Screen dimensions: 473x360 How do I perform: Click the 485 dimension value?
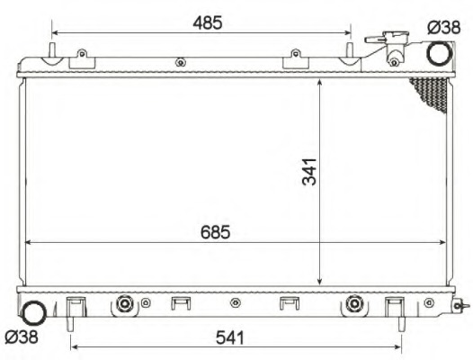coord(208,23)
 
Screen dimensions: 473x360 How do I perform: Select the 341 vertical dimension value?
coord(309,172)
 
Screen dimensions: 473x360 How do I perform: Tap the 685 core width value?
coord(216,232)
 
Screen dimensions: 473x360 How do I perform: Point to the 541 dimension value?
coord(230,337)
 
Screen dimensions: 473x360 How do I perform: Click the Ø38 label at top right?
coord(444,28)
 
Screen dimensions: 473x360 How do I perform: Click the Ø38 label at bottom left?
coord(22,337)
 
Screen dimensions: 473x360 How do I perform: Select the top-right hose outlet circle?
coord(440,53)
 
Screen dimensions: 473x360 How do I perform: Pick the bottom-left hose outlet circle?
coord(35,313)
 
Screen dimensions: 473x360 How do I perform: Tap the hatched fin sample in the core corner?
coord(431,92)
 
